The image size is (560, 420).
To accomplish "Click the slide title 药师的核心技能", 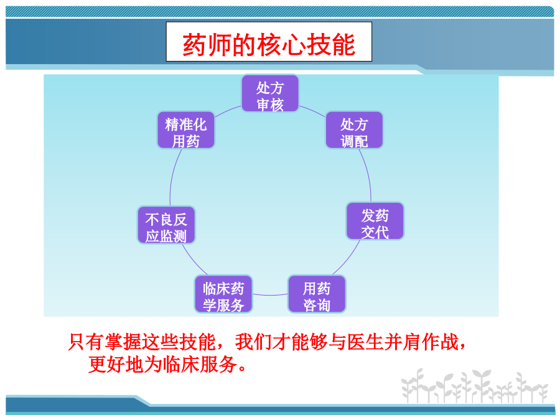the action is [269, 44].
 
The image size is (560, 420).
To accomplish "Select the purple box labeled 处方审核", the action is [270, 93].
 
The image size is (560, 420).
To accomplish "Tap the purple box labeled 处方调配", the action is [354, 129].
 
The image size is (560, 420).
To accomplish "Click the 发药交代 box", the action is [375, 221].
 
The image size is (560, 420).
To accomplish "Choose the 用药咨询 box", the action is [317, 294].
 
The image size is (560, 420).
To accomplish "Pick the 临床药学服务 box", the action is [223, 294].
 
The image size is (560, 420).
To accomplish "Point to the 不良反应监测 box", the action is [166, 225].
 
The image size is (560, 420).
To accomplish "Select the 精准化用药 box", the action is [185, 129].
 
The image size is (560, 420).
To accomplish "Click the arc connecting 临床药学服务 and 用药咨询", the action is [271, 295].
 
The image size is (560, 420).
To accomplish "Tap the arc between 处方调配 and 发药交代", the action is [368, 174].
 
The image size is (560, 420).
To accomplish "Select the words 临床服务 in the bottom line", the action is [200, 364].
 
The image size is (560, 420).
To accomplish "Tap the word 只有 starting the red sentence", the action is [86, 342].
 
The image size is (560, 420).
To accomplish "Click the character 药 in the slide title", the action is [194, 44].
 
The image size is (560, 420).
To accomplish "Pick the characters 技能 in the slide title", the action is [331, 44].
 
